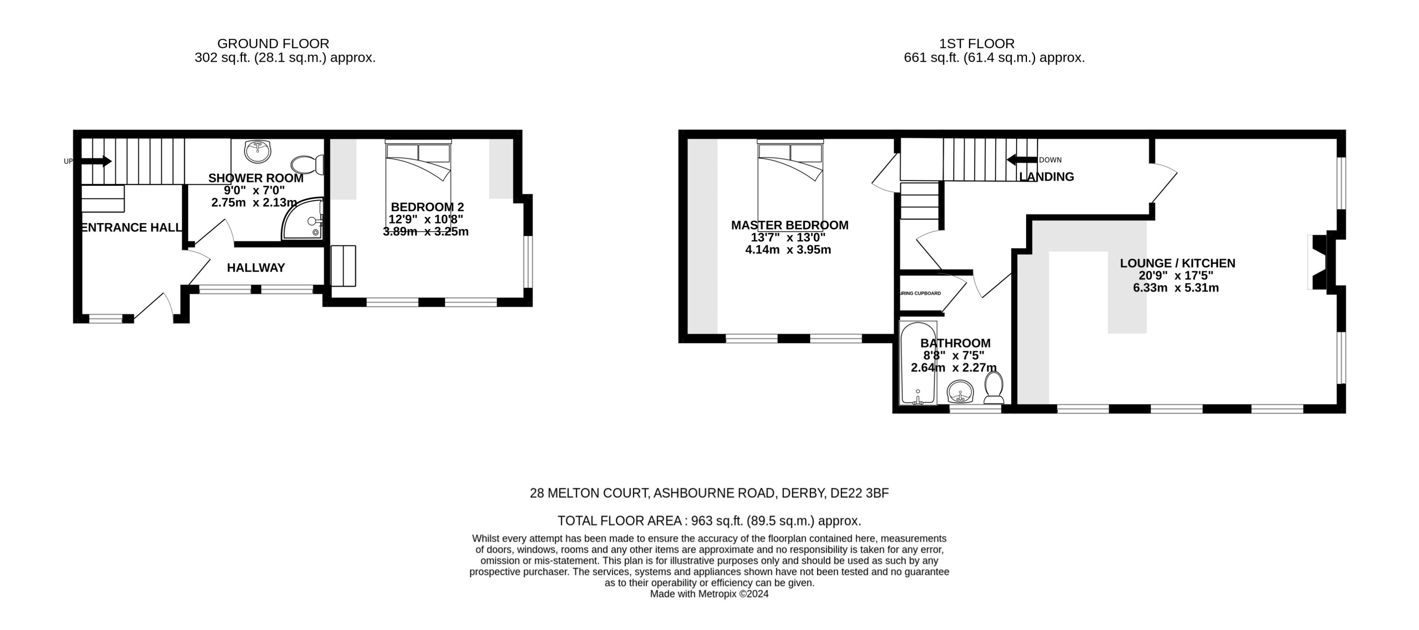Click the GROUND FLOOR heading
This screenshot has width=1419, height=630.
[273, 43]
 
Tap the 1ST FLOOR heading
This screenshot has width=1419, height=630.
[976, 43]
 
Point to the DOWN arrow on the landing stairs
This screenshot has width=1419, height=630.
[1022, 160]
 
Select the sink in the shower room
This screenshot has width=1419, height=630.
[258, 151]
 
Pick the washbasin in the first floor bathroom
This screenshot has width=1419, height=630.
[961, 393]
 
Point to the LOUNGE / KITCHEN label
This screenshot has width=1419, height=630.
[1177, 263]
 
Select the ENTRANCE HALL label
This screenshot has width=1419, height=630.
[131, 228]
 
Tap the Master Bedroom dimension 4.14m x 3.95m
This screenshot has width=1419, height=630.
[788, 249]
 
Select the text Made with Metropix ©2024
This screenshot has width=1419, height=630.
[709, 593]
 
